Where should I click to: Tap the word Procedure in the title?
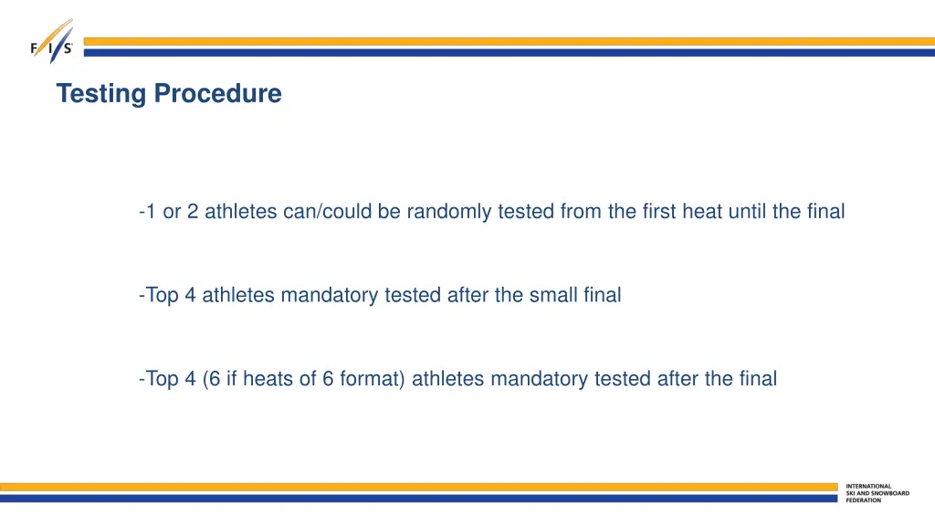pyautogui.click(x=217, y=93)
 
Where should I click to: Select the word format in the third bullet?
pyautogui.click(x=372, y=379)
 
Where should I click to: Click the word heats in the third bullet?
pyautogui.click(x=269, y=379)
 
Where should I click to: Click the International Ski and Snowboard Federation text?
pyautogui.click(x=877, y=493)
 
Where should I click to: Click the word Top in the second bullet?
pyautogui.click(x=162, y=295)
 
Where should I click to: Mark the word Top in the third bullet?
pyautogui.click(x=162, y=379)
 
